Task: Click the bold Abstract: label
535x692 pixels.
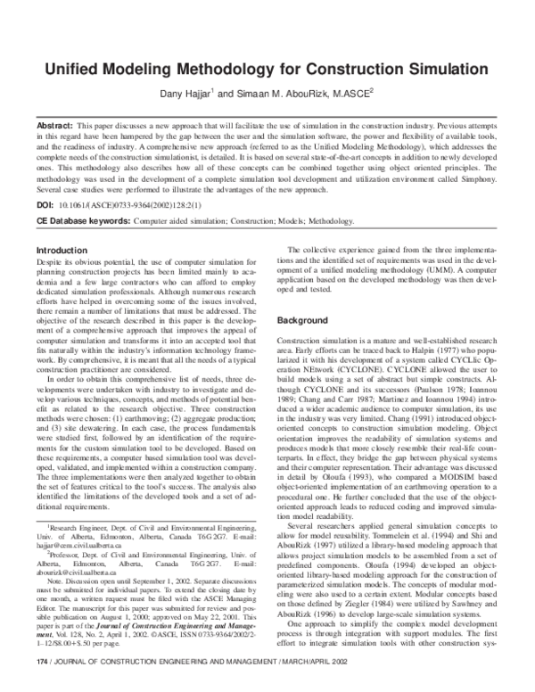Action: [54, 128]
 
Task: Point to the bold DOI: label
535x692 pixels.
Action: [45, 204]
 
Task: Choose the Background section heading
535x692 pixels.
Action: [302, 318]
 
